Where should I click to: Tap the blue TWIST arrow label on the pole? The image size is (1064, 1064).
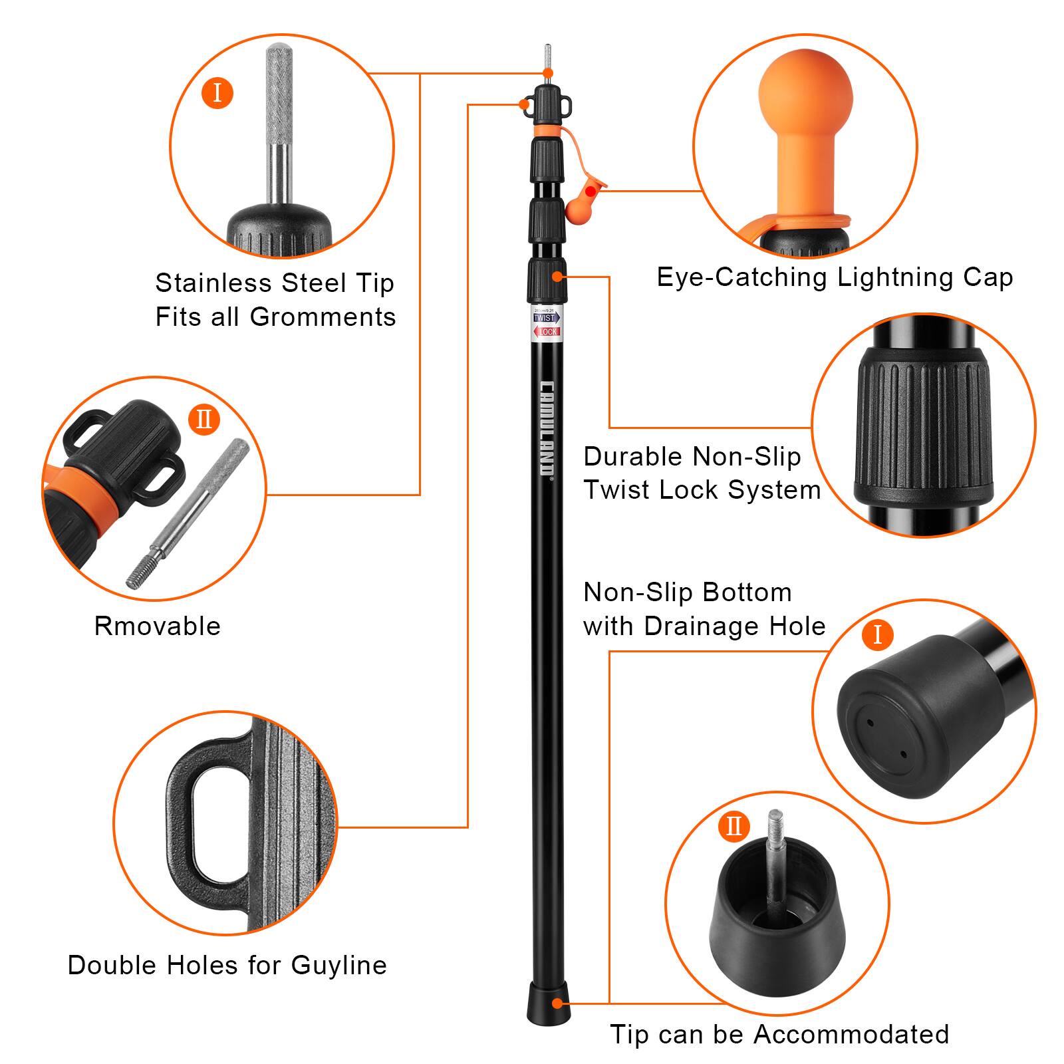(544, 318)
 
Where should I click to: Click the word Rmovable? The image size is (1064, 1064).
(157, 626)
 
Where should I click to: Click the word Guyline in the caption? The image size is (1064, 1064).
(338, 965)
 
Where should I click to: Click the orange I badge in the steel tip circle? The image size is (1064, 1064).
(217, 92)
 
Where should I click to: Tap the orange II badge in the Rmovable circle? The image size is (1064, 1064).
(203, 419)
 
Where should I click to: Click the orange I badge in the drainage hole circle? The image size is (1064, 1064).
(876, 634)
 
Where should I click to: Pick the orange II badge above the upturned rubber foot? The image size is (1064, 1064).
(733, 827)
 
